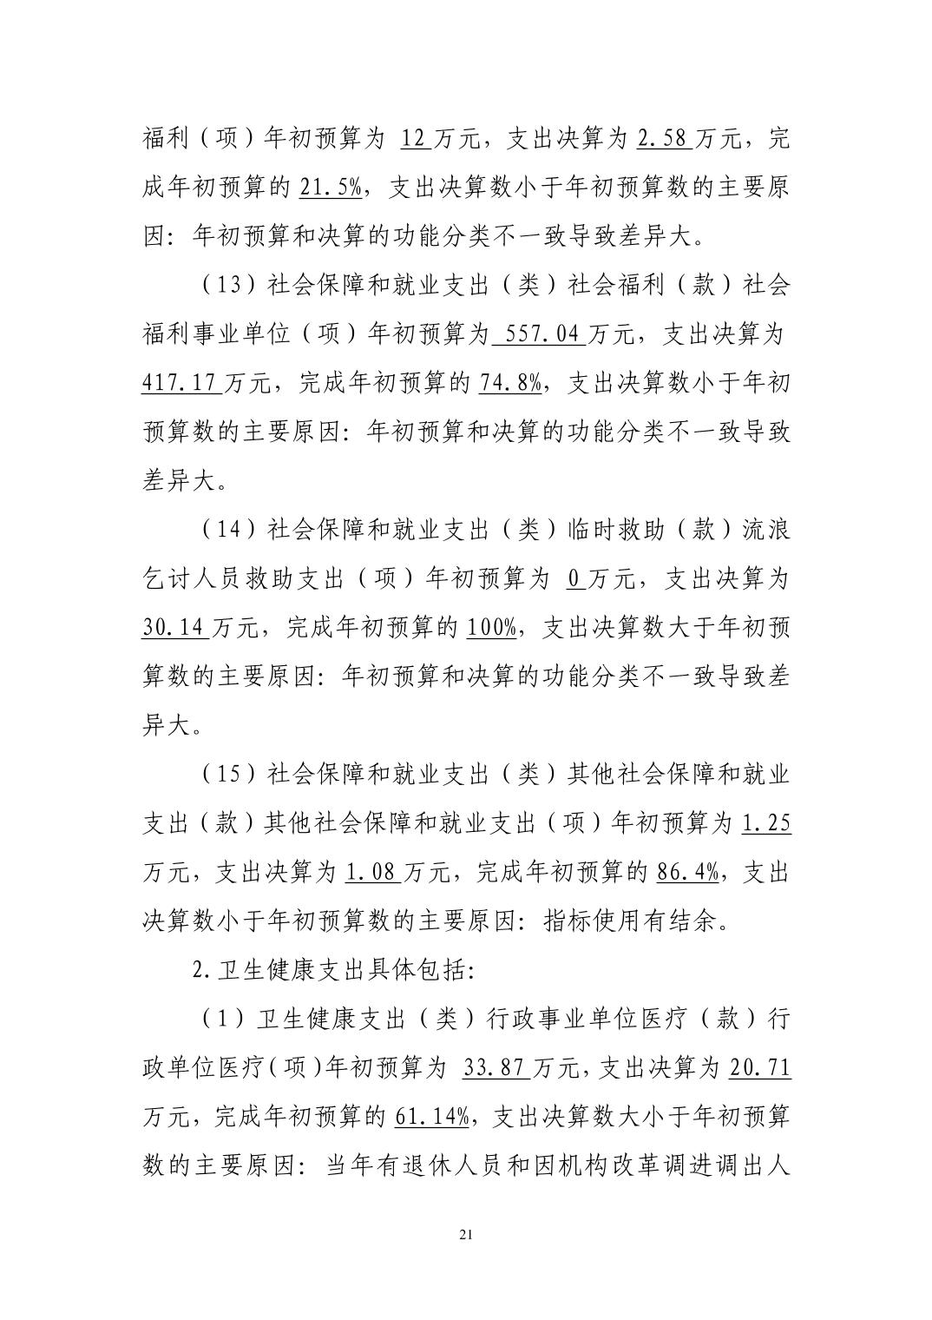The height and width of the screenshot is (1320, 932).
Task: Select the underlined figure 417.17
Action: [179, 383]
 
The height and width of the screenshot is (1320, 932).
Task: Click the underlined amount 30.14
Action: [174, 628]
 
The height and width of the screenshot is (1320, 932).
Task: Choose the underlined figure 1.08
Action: [371, 873]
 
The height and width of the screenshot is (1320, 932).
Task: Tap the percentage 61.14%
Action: [432, 1118]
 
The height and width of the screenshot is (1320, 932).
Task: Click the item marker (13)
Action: [227, 286]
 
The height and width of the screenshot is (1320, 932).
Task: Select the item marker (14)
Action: [227, 531]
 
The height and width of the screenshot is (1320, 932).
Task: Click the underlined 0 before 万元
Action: [573, 579]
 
